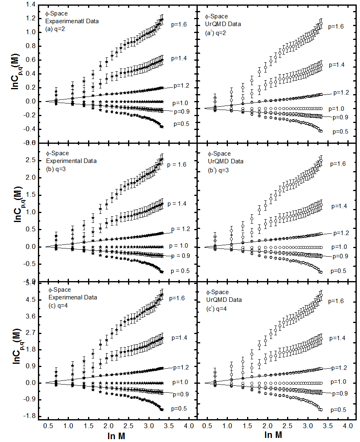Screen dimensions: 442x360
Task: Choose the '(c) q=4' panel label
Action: click(57, 305)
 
